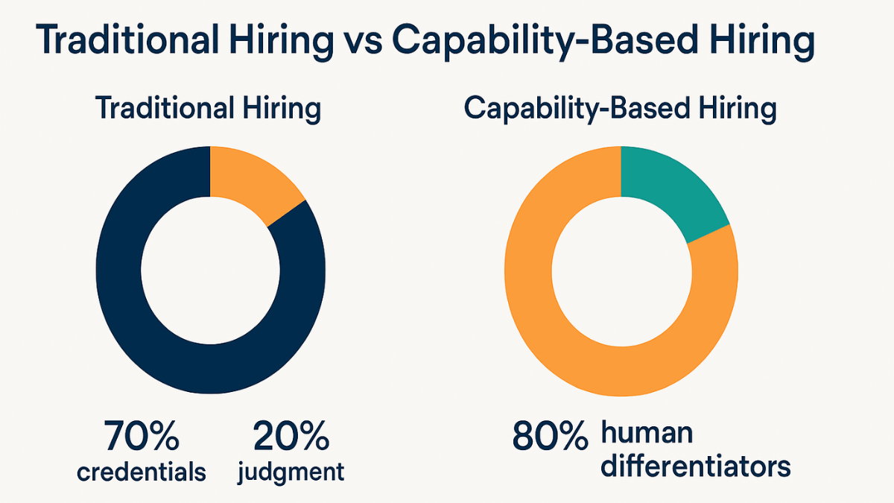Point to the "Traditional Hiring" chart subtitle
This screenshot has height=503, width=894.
point(209,109)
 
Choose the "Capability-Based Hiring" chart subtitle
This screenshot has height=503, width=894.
point(620,109)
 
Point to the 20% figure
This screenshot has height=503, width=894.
point(291,437)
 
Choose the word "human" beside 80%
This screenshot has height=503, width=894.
point(647,431)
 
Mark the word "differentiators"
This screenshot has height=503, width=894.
point(695,466)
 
